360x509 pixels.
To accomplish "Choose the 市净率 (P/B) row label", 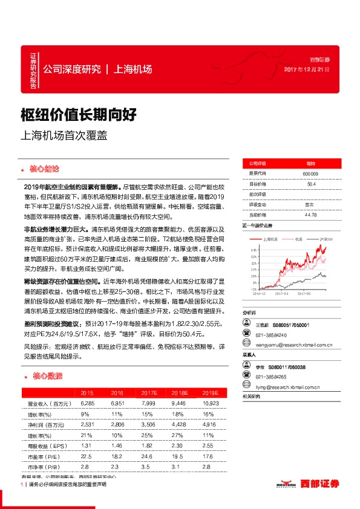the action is coord(38,468).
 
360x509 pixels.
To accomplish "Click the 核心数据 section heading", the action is coord(46,376).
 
